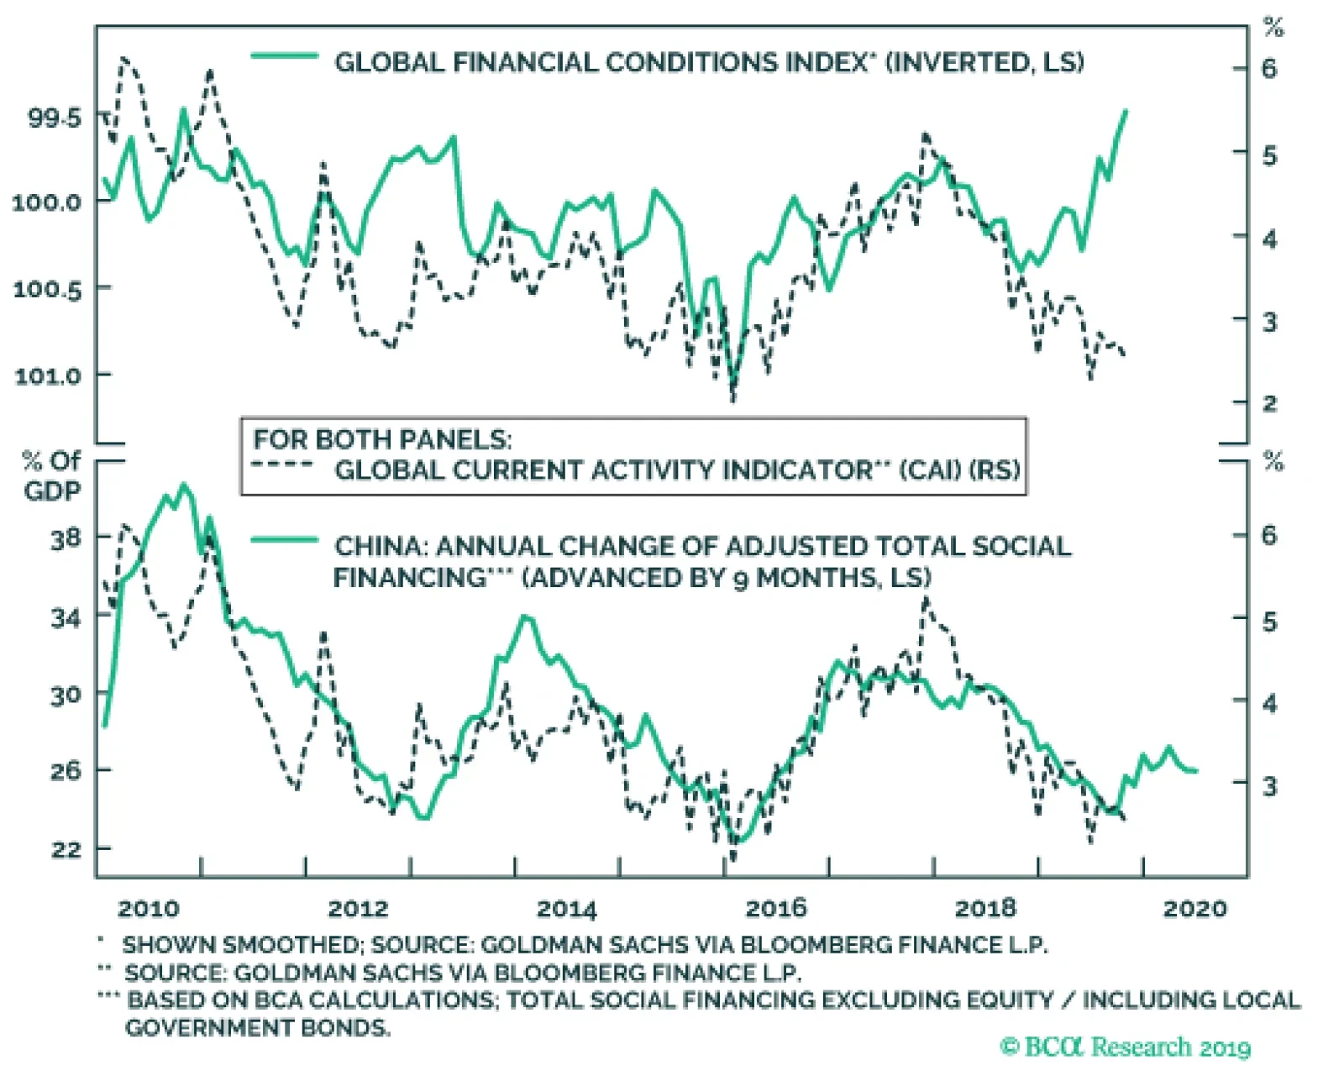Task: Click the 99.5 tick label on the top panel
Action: coord(55,118)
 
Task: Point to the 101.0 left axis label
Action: coord(49,375)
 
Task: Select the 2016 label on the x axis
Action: coord(776,908)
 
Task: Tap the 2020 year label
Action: coord(1194,908)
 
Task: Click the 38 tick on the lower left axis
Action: coord(66,538)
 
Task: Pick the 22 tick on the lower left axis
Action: coord(66,849)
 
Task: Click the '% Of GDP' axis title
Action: coord(52,475)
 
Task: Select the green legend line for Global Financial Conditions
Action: coord(285,57)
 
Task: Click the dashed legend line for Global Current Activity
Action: coord(284,464)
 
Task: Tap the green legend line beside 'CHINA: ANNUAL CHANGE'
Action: coord(285,540)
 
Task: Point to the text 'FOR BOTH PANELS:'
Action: coord(382,439)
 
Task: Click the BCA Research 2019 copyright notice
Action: coord(1126,1047)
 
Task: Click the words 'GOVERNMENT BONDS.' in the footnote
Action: coord(258,1027)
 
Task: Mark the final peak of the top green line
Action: coord(1126,111)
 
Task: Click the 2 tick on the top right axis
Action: coord(1268,403)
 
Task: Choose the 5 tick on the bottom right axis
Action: coord(1268,622)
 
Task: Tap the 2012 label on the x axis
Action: coord(358,908)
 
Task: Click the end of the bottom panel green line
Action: coord(1196,770)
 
